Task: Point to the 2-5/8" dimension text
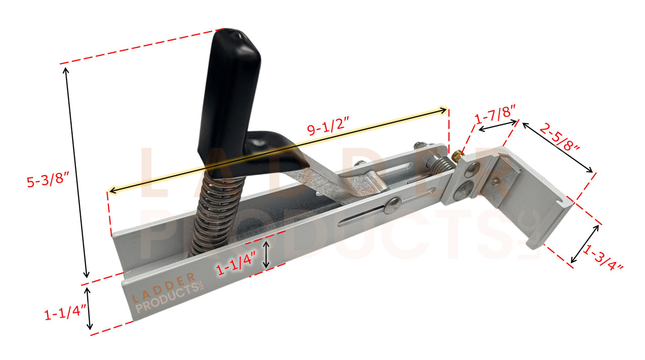pos(559,138)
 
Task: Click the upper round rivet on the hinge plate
pos(470,170)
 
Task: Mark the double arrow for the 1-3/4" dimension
pos(585,244)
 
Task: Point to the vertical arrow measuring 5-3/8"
pos(76,171)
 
